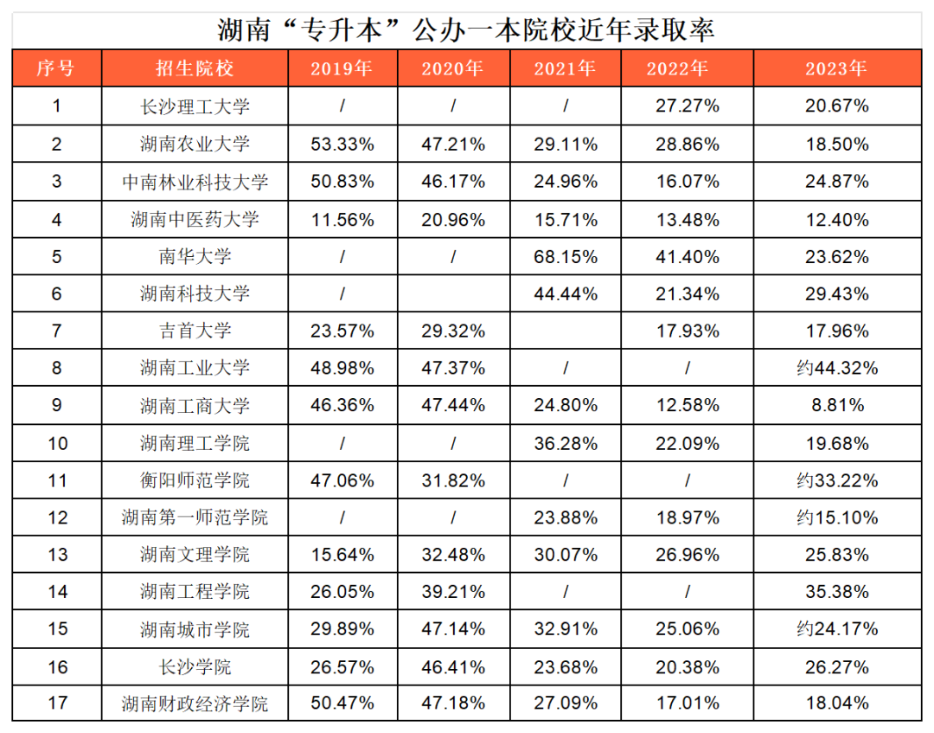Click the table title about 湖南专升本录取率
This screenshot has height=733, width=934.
pos(466,29)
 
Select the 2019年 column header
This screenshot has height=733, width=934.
pos(342,68)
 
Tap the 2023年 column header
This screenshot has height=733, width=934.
pos(835,68)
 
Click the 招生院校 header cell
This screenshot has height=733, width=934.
pos(195,68)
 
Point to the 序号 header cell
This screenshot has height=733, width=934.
pos(56,68)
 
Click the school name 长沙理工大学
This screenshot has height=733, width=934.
pos(195,106)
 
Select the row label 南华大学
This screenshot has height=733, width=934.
pos(195,256)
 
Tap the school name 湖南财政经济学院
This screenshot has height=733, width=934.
pos(195,703)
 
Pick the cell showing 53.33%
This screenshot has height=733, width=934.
pos(342,145)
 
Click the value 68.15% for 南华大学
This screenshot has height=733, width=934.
pos(566,256)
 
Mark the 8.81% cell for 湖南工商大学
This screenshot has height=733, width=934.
pos(835,405)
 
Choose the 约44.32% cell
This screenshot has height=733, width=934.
pos(835,368)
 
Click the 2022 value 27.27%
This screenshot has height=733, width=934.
pos(688,106)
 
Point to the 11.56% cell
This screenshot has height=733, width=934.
pos(342,219)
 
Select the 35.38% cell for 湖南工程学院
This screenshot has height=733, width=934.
pos(835,591)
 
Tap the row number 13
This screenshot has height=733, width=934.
pos(56,554)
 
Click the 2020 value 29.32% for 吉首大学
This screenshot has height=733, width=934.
pos(453,331)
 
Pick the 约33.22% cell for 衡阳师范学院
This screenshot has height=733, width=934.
pos(835,479)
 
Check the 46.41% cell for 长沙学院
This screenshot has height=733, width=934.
pos(453,666)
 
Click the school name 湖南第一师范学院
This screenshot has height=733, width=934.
pos(195,518)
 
